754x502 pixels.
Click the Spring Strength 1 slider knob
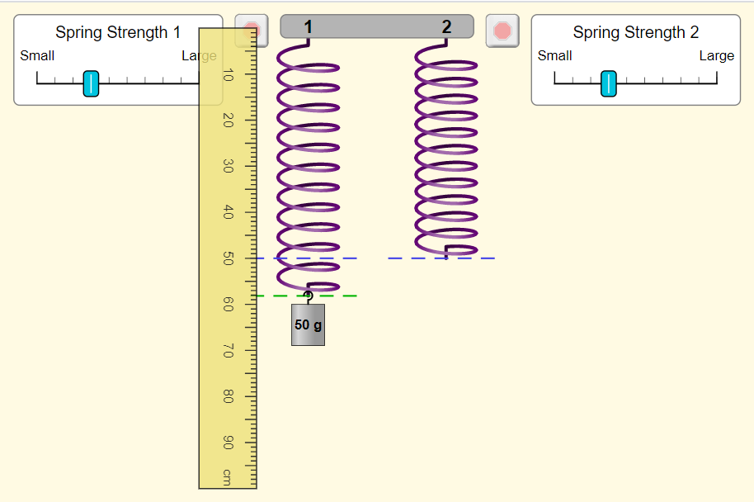click(x=91, y=83)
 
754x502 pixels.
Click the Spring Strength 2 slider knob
click(x=608, y=83)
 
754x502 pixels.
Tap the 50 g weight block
click(x=309, y=324)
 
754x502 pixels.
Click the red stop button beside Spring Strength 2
click(x=502, y=31)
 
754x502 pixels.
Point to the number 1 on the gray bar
click(x=309, y=27)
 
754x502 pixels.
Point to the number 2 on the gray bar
click(x=447, y=27)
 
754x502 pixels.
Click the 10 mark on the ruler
click(x=229, y=75)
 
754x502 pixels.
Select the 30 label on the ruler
click(x=229, y=166)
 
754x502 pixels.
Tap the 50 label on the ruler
click(x=229, y=258)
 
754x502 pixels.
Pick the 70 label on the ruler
click(x=229, y=351)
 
